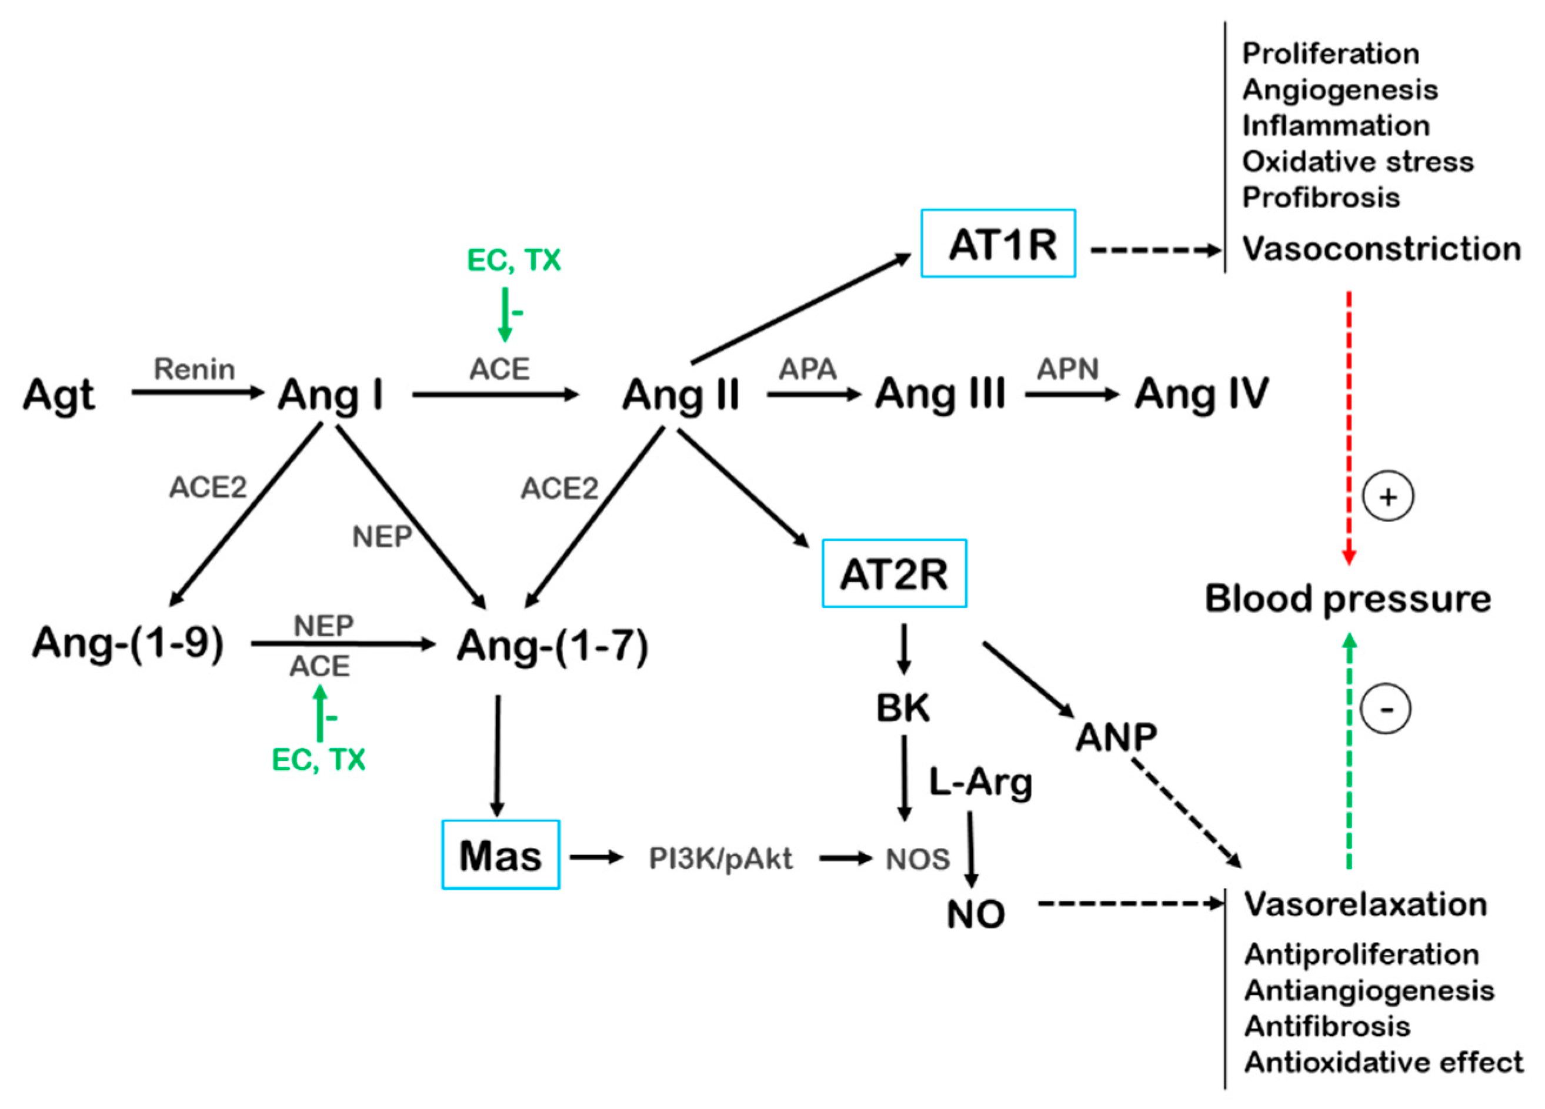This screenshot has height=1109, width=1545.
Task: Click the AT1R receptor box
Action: click(x=998, y=243)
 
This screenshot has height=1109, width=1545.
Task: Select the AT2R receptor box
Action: click(x=894, y=573)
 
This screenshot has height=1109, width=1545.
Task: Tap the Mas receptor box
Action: click(x=500, y=855)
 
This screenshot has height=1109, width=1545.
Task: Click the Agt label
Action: click(x=59, y=395)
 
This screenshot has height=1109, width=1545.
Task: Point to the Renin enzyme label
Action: click(x=194, y=369)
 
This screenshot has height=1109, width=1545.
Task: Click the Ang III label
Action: click(x=940, y=394)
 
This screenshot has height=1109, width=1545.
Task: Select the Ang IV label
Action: click(x=1201, y=394)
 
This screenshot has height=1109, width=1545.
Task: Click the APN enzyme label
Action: click(x=1067, y=369)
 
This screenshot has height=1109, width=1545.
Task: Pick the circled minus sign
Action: click(x=1386, y=709)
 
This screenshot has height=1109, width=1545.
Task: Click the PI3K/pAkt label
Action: click(x=720, y=859)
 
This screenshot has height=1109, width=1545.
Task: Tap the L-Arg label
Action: click(x=980, y=783)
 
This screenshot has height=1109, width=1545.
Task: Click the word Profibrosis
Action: click(x=1321, y=198)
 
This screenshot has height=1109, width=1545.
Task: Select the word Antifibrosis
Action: click(x=1326, y=1026)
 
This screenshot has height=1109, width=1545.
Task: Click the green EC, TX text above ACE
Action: click(x=513, y=260)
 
